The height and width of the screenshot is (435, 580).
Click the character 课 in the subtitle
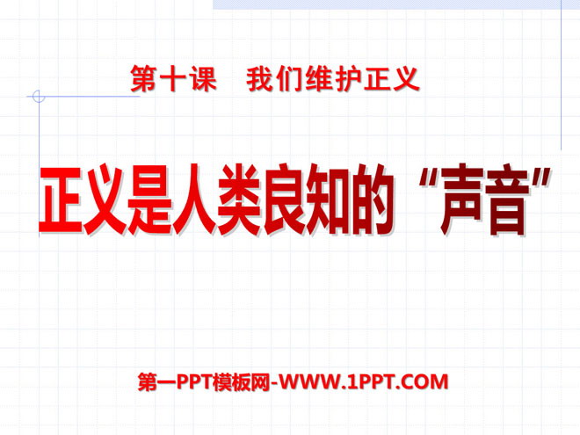coord(202,80)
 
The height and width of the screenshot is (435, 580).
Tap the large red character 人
coord(195,202)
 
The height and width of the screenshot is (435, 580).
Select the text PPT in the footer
coord(190,381)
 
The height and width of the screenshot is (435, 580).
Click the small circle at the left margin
coord(37,96)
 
